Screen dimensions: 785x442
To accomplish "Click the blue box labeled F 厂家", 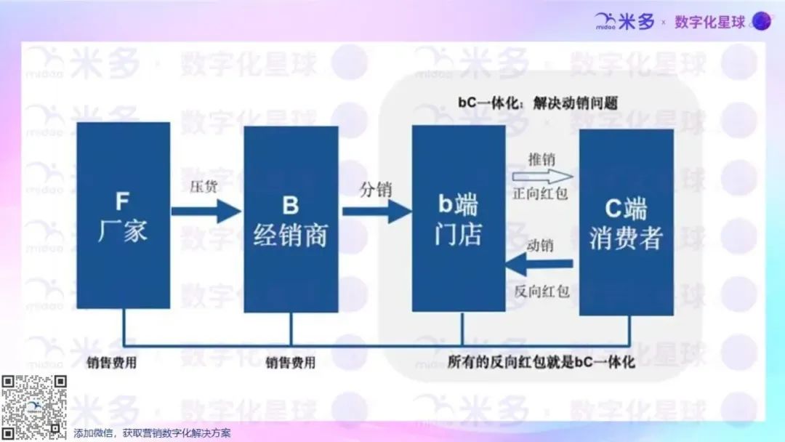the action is click(123, 215).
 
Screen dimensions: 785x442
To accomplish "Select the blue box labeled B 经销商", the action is click(291, 220).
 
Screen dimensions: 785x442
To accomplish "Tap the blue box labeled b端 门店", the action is click(459, 218).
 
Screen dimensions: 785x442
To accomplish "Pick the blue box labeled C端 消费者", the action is click(627, 222).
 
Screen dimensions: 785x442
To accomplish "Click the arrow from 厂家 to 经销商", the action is click(206, 212).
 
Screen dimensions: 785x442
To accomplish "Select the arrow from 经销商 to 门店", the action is click(377, 212).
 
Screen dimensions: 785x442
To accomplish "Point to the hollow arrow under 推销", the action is click(543, 176).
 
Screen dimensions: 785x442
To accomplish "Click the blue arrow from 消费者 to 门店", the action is click(539, 264).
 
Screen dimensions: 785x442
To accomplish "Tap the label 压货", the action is click(204, 186).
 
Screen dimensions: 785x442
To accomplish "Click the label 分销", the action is click(376, 189).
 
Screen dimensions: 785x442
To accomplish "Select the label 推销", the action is click(542, 159).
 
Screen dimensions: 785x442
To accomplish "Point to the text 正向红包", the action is click(540, 193).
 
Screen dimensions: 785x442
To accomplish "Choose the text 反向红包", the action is click(542, 291).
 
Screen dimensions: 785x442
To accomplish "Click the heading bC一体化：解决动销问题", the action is click(538, 103).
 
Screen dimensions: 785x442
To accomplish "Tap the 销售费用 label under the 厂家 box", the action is click(112, 363).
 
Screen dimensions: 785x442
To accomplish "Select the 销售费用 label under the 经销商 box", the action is click(290, 363).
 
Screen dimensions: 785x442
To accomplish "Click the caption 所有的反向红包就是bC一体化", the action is click(542, 362).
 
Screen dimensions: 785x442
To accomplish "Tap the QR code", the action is click(33, 407).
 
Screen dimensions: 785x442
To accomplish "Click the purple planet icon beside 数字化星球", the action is click(762, 21).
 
